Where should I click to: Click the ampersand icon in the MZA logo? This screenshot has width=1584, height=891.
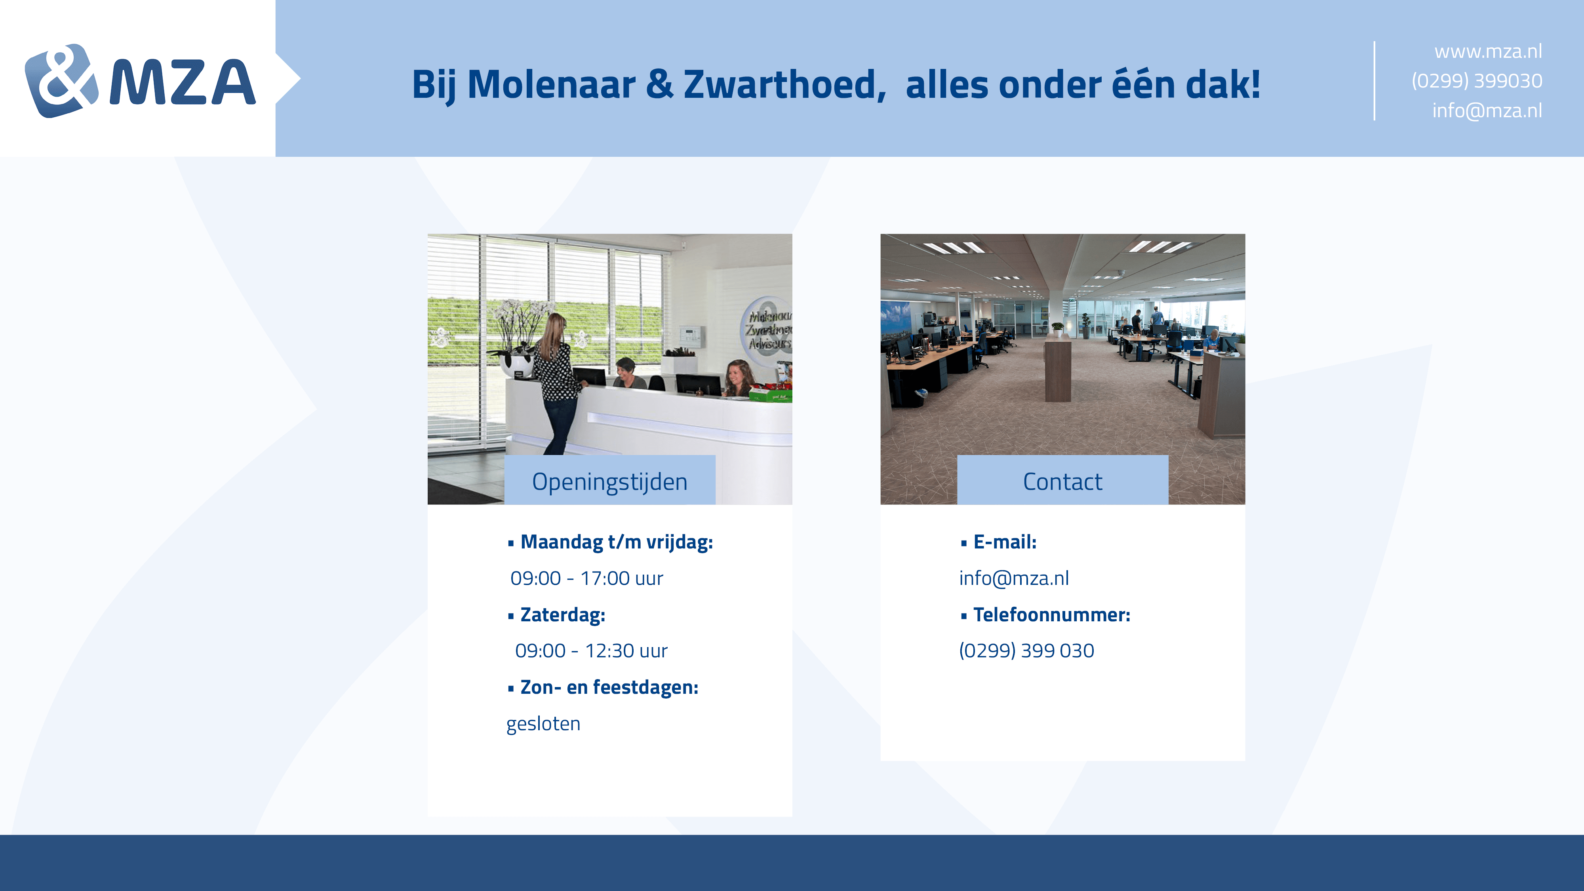tap(61, 80)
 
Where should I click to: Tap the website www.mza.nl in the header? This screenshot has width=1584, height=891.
tap(1488, 51)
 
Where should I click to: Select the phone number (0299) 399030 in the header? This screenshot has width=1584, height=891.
tap(1476, 80)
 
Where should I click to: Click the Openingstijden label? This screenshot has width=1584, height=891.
tap(609, 482)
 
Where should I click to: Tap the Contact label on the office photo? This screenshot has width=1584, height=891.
tap(1062, 482)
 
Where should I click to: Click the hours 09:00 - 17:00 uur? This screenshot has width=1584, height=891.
tap(586, 578)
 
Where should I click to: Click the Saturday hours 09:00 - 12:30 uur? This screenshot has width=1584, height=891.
tap(591, 651)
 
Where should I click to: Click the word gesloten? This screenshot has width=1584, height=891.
tap(543, 724)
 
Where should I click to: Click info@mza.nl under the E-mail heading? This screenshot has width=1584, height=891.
tap(1014, 578)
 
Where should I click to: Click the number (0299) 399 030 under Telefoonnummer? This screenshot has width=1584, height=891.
tap(1026, 651)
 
